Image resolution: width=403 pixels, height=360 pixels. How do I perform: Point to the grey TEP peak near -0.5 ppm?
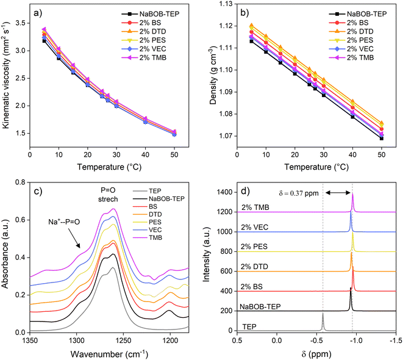tap(323, 321)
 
